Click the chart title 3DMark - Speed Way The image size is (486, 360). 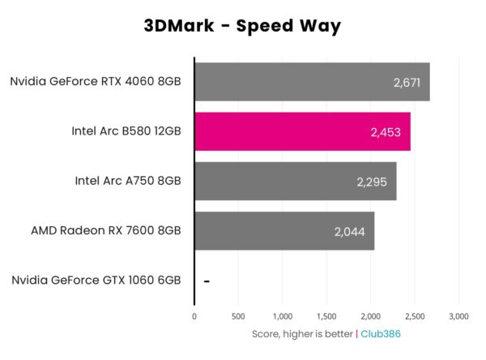(x=242, y=26)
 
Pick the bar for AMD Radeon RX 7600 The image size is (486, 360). (x=284, y=231)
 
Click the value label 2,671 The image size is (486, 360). (x=405, y=82)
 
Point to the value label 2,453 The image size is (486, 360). (x=386, y=132)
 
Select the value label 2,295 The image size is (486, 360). (x=372, y=182)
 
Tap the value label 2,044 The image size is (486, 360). (x=349, y=232)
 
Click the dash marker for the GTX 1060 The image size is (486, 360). (x=207, y=281)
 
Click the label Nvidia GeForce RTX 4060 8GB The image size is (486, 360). (x=96, y=81)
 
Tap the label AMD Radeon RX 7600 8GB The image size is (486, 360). (x=105, y=231)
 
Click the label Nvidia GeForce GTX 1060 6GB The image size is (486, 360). (x=96, y=281)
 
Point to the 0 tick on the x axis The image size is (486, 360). (x=194, y=315)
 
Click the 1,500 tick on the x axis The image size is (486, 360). (x=326, y=315)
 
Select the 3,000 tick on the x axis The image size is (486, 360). (x=458, y=315)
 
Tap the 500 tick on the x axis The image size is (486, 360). (x=238, y=315)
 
